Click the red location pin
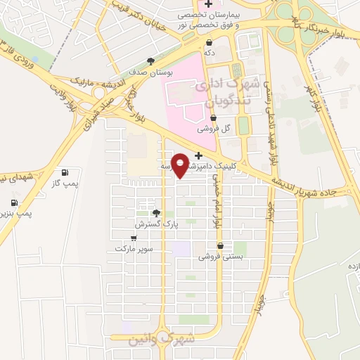(181, 165)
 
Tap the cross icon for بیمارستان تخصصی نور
(208, 4)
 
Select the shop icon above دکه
(209, 42)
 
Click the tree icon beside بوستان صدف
(150, 61)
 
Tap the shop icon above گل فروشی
(214, 118)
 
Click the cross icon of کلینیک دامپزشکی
(198, 155)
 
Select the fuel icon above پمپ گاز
(65, 172)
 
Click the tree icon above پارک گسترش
(156, 213)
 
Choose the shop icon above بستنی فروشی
(221, 246)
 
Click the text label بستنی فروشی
(221, 257)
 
